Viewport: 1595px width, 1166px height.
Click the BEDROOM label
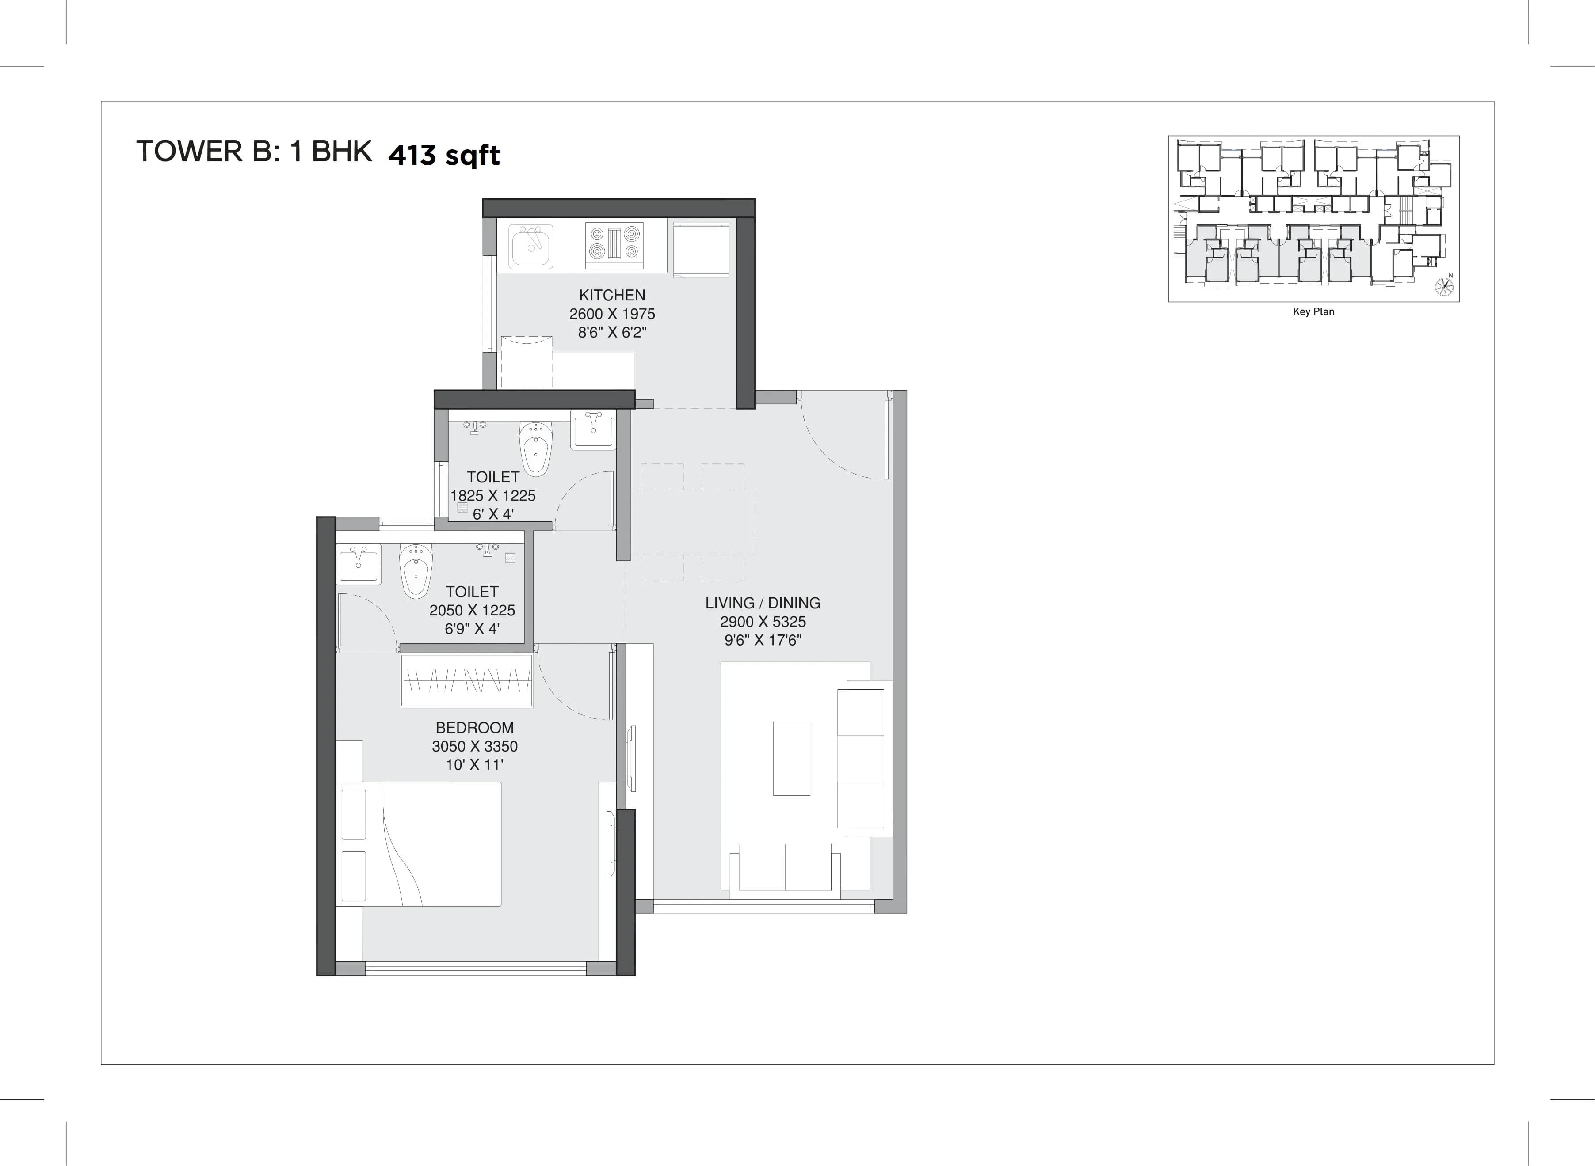[x=474, y=728]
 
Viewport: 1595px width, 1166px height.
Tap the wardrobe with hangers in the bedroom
[x=466, y=680]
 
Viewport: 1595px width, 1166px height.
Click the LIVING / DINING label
[x=763, y=603]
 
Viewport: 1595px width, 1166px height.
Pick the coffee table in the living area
[x=791, y=758]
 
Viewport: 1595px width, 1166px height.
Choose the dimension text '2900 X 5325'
[x=763, y=622]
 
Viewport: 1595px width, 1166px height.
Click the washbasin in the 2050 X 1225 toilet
[x=359, y=563]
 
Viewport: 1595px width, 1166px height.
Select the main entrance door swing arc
[x=840, y=441]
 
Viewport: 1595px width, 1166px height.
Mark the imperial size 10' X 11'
[x=474, y=764]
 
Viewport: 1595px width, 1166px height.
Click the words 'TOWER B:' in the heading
[x=208, y=152]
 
